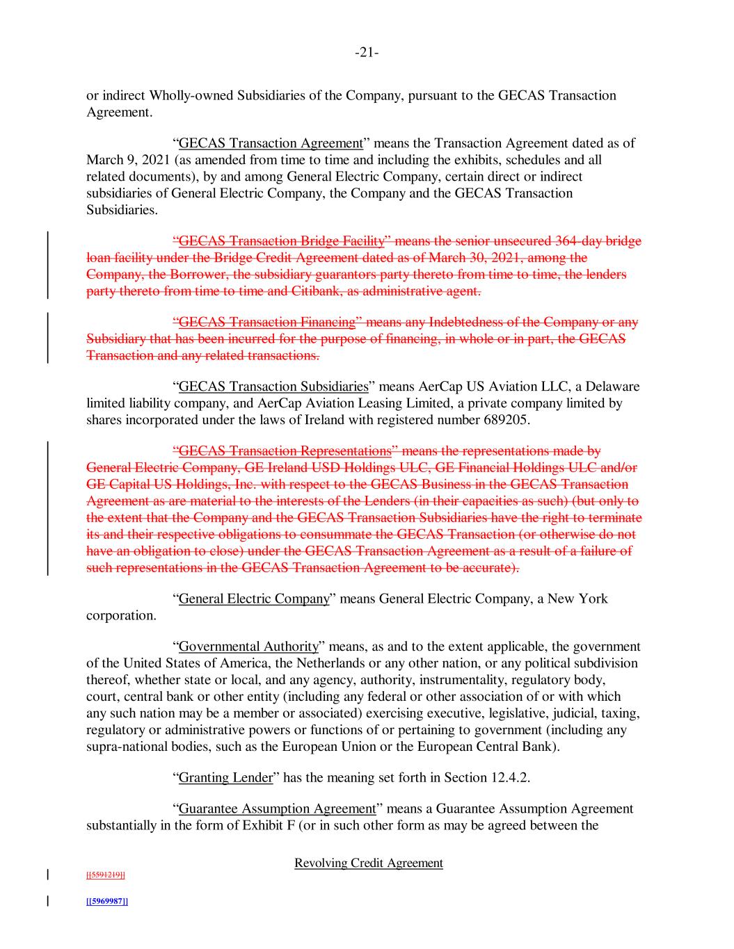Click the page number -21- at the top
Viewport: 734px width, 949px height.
coord(367,53)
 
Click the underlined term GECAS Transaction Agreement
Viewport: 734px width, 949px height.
coord(271,144)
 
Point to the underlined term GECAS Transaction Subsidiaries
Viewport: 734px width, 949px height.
coord(273,387)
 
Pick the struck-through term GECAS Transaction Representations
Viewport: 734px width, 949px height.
coord(284,451)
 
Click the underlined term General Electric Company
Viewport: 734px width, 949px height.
coord(254,599)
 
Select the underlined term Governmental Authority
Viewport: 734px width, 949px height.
coord(248,647)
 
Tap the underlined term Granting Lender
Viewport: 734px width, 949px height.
coord(225,777)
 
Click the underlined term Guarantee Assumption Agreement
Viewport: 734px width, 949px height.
coord(278,809)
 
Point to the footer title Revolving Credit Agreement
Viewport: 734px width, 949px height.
coord(369,863)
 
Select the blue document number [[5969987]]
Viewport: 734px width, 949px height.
coord(106,901)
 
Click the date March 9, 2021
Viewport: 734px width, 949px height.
coord(123,161)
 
